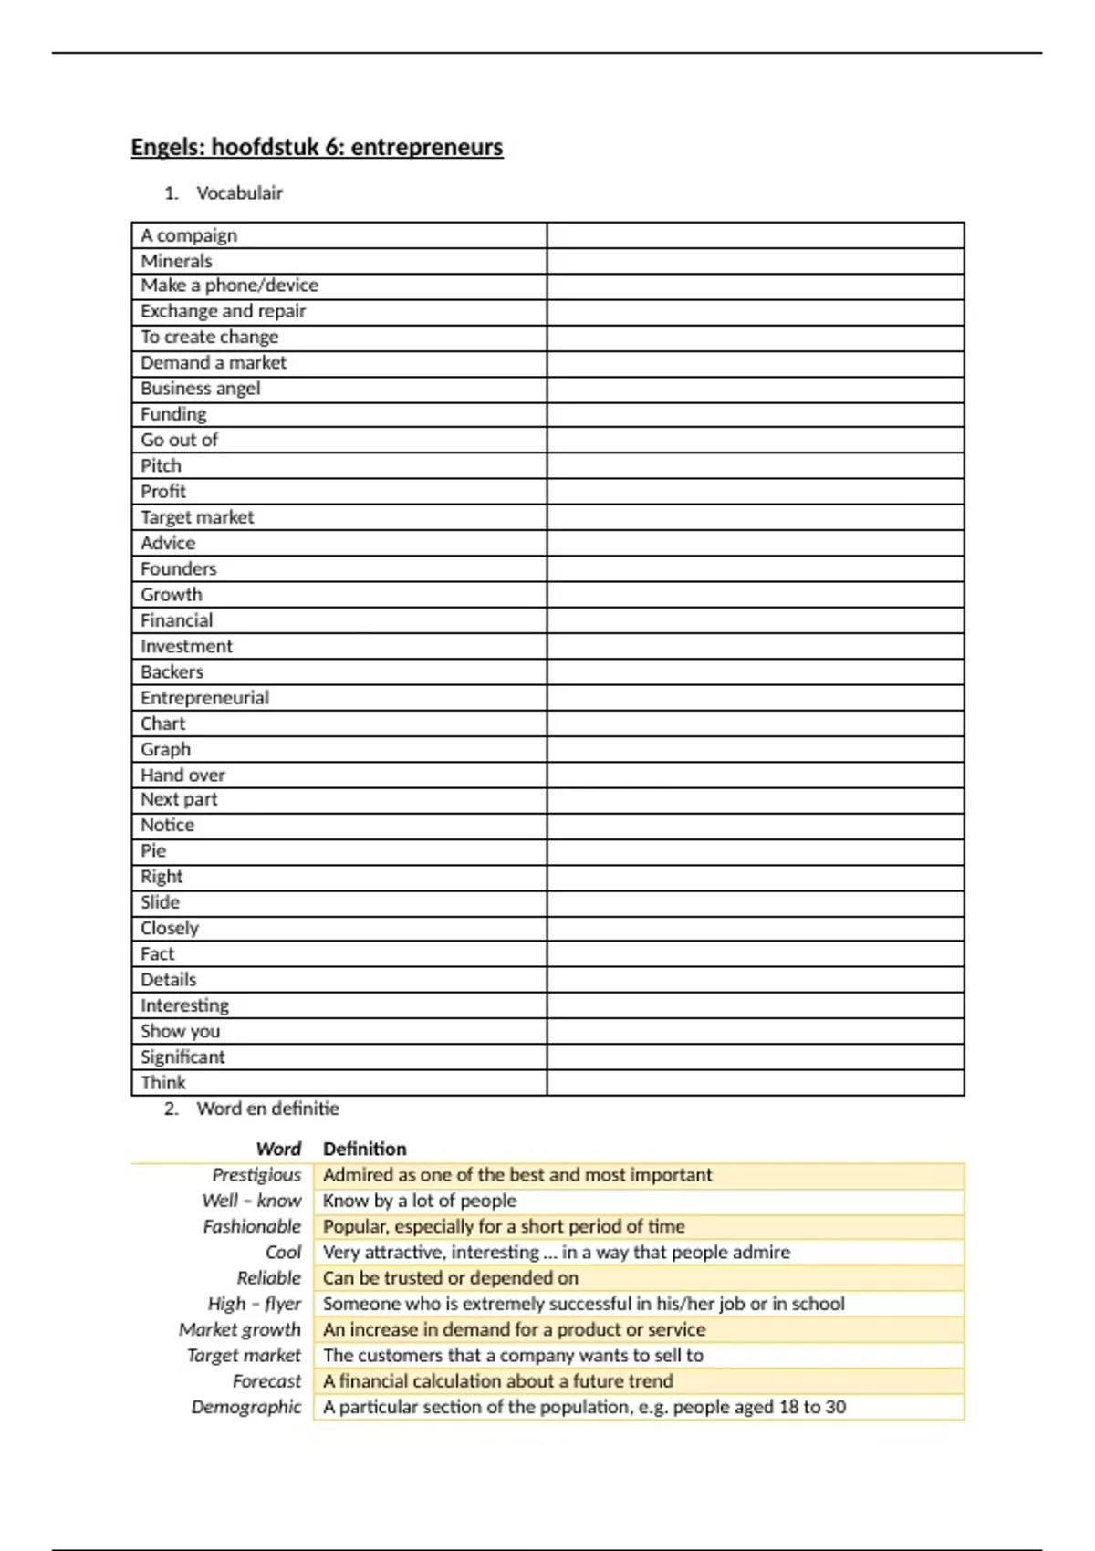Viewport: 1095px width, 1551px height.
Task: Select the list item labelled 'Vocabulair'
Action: coord(239,193)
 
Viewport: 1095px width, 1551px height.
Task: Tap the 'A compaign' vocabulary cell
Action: coord(189,235)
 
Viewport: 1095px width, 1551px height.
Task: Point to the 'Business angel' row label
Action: coord(201,389)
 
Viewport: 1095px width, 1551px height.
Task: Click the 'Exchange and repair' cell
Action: coord(224,311)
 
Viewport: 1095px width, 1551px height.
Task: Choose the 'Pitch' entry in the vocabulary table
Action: coord(162,466)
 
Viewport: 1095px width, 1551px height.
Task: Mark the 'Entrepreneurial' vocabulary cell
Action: coord(205,698)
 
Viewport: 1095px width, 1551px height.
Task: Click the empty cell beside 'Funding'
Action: coord(756,415)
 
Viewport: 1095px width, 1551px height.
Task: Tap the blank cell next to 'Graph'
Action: coord(756,750)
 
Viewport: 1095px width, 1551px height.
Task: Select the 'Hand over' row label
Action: coord(182,775)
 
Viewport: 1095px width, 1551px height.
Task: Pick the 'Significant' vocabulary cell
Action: coord(182,1057)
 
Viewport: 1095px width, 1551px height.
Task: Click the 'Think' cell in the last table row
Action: coord(163,1083)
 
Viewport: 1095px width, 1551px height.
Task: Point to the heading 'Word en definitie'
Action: coord(267,1109)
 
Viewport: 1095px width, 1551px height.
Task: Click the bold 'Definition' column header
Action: coord(365,1150)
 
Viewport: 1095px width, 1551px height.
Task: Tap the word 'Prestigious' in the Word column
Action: coord(256,1175)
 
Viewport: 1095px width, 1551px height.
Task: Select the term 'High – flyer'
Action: coord(255,1304)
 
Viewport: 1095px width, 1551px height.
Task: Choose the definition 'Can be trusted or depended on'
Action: coord(451,1278)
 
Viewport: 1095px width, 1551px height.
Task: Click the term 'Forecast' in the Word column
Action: coord(266,1381)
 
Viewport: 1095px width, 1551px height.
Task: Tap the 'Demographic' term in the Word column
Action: coord(246,1407)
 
